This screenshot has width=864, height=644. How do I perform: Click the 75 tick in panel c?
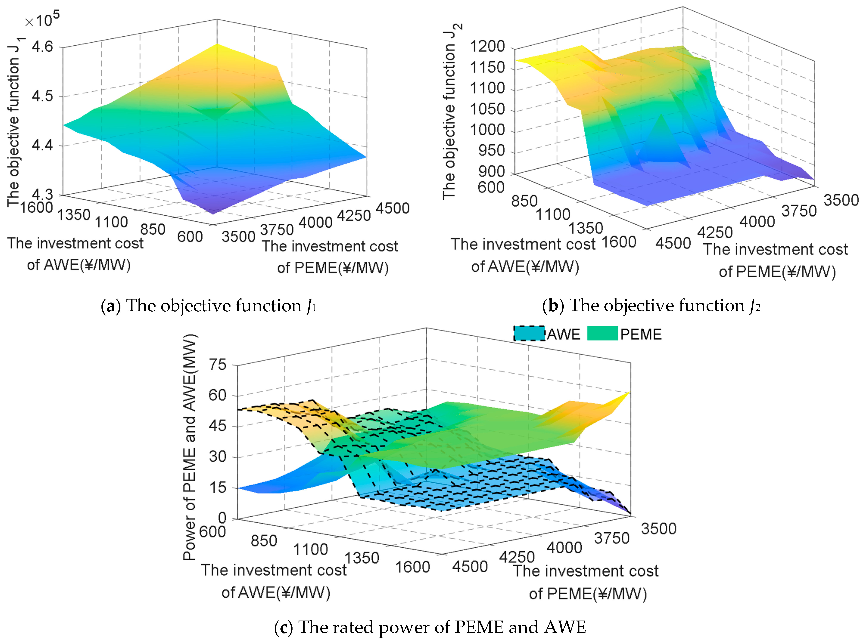217,365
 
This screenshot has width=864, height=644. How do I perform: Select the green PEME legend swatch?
602,333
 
